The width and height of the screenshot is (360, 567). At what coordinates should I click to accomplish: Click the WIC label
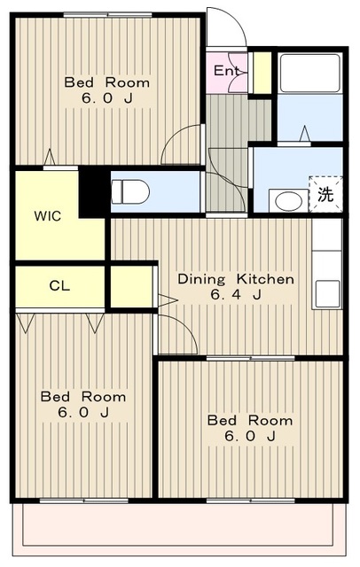click(48, 216)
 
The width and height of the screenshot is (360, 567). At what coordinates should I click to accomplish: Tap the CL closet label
click(59, 286)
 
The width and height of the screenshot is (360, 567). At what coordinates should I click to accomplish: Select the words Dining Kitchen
click(236, 279)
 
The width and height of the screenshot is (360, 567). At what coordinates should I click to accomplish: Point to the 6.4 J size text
click(236, 295)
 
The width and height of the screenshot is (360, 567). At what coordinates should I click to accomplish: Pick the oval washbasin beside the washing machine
click(287, 200)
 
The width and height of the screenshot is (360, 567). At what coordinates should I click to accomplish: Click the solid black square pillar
click(92, 191)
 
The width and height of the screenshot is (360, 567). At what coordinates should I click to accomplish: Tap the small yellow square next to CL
click(129, 285)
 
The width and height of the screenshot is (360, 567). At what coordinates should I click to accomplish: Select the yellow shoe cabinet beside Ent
click(262, 74)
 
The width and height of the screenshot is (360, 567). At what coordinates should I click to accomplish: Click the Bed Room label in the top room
click(106, 83)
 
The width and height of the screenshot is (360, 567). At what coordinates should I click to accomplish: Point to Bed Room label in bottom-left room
click(83, 397)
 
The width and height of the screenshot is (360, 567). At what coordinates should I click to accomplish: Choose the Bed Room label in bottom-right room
click(245, 420)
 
